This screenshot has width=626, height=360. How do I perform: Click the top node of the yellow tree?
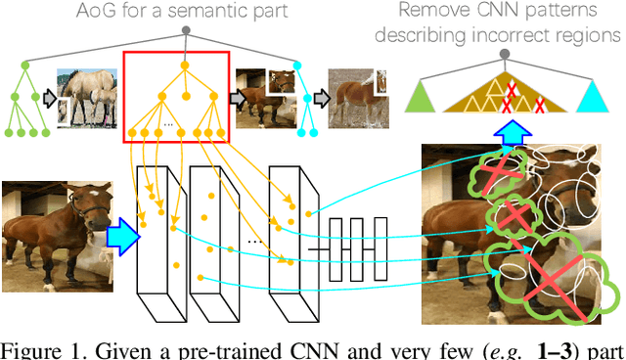(181, 66)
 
